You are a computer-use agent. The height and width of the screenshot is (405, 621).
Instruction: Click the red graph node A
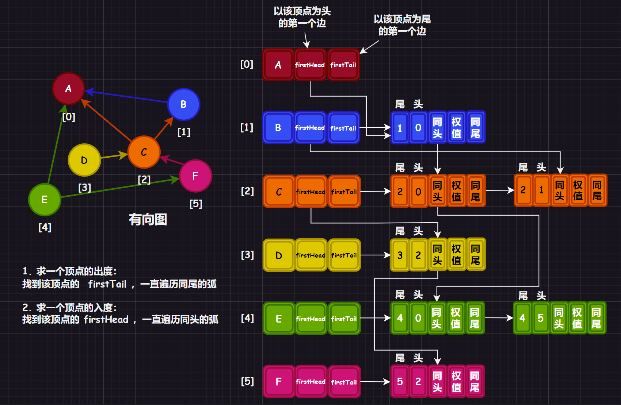68,89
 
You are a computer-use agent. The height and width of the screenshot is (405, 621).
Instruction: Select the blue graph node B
183,105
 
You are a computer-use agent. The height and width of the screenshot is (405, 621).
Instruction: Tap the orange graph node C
144,152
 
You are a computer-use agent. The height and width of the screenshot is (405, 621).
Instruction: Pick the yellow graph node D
84,160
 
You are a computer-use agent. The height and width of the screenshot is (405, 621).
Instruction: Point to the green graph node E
45,200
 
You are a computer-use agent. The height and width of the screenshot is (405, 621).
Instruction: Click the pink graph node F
195,176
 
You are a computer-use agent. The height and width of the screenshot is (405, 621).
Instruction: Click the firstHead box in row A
310,65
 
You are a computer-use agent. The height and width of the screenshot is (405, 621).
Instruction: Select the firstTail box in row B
343,128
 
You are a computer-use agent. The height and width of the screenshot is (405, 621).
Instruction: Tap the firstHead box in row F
310,382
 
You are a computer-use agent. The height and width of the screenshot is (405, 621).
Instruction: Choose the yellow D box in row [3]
279,255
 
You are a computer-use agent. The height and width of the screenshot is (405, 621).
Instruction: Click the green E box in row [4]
279,319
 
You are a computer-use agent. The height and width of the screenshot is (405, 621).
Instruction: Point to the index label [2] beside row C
247,191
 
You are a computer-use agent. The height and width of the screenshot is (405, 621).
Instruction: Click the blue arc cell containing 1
400,128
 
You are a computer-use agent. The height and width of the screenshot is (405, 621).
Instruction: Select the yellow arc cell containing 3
400,255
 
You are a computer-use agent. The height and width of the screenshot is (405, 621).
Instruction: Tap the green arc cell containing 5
541,318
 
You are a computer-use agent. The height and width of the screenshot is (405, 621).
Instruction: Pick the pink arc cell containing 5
400,382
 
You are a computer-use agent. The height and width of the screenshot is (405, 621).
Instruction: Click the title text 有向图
148,220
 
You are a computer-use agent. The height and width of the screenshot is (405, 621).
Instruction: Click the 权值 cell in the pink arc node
456,382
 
